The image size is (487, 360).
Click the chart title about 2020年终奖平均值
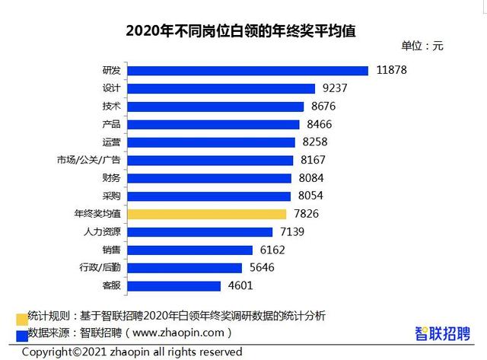pos(241,31)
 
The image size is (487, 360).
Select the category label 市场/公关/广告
pos(88,161)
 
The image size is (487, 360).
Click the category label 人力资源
pos(100,232)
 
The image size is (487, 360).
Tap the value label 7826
pos(310,215)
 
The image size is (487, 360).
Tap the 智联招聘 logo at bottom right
pos(442,333)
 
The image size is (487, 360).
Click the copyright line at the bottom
pos(132,352)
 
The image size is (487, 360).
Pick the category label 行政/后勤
pos(100,268)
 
